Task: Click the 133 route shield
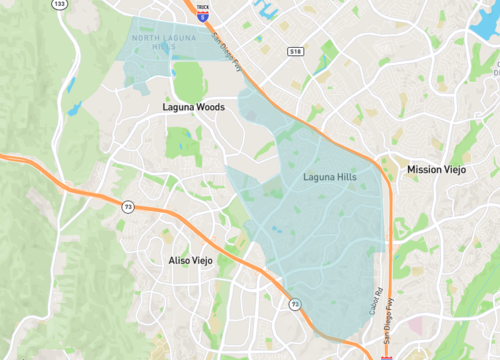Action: tap(60, 4)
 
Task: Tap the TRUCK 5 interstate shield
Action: tap(202, 12)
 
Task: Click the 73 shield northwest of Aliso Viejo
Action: tap(127, 206)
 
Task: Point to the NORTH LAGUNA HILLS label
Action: tap(159, 41)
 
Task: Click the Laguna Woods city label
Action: tap(193, 105)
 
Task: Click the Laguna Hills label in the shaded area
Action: tap(329, 177)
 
